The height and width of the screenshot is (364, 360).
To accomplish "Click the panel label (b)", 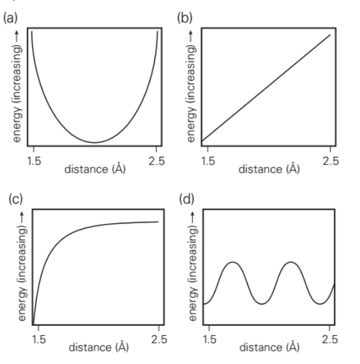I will tap(184, 18).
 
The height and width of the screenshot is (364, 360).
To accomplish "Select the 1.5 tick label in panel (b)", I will tap(207, 161).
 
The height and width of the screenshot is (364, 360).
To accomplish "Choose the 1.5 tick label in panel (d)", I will tap(207, 337).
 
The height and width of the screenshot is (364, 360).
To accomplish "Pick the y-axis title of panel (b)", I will tap(188, 85).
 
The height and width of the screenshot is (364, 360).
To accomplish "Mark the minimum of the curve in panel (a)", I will tap(94, 142).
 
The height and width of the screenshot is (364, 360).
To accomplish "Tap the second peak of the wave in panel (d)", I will tap(291, 262).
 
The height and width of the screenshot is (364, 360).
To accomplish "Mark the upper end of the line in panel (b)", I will tap(330, 34).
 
